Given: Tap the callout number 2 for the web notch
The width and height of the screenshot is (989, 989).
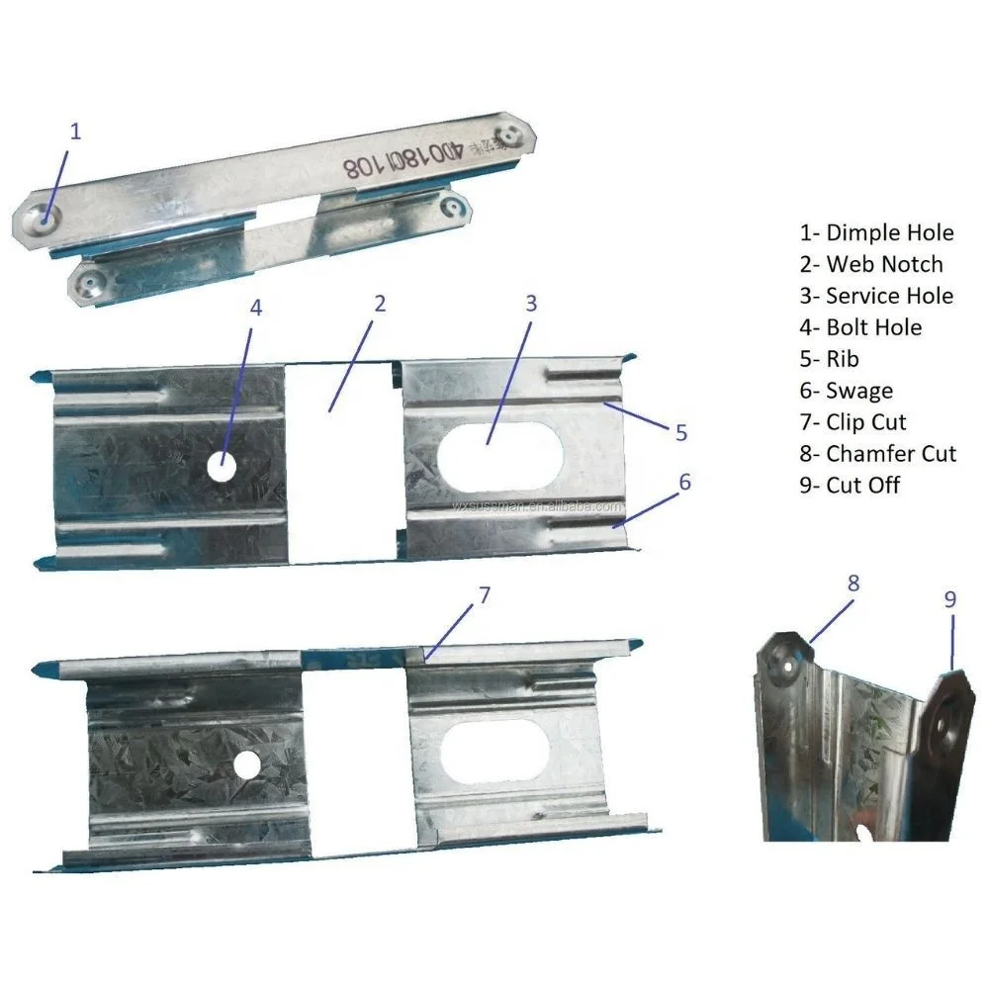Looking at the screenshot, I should pyautogui.click(x=379, y=304).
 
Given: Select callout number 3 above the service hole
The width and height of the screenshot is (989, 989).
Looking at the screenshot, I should pyautogui.click(x=531, y=303).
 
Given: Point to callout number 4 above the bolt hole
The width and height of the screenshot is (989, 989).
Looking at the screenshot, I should pyautogui.click(x=256, y=308).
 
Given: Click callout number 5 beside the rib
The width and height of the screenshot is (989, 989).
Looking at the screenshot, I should pyautogui.click(x=682, y=432).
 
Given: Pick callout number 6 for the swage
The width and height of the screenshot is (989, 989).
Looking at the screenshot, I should pyautogui.click(x=684, y=483).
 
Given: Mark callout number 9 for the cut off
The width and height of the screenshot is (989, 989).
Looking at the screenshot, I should pyautogui.click(x=950, y=598).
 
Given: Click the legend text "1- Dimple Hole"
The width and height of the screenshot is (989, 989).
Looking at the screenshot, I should pyautogui.click(x=876, y=232).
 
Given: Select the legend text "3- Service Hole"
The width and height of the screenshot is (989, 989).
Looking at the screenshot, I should pyautogui.click(x=876, y=296).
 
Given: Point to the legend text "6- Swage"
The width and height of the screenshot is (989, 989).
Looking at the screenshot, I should pyautogui.click(x=846, y=391).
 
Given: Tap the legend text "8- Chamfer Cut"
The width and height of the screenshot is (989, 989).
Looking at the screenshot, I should pyautogui.click(x=878, y=454).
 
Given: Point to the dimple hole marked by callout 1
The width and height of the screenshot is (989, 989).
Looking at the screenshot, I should pyautogui.click(x=45, y=213).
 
